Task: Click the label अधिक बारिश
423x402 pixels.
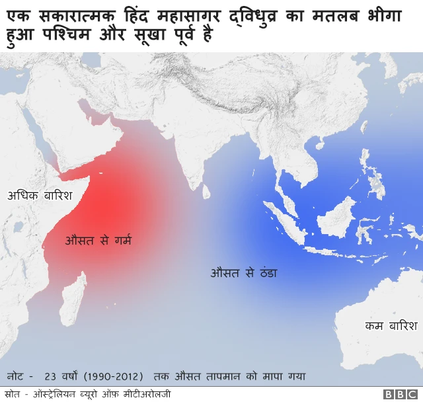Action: pos(38,196)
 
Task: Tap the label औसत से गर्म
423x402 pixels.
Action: pos(98,240)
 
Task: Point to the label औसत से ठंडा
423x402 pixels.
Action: pos(243,272)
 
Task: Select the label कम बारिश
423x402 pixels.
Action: pos(391,326)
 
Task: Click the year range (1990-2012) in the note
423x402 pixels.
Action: pos(114,376)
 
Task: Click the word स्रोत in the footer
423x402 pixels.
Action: pos(13,394)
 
